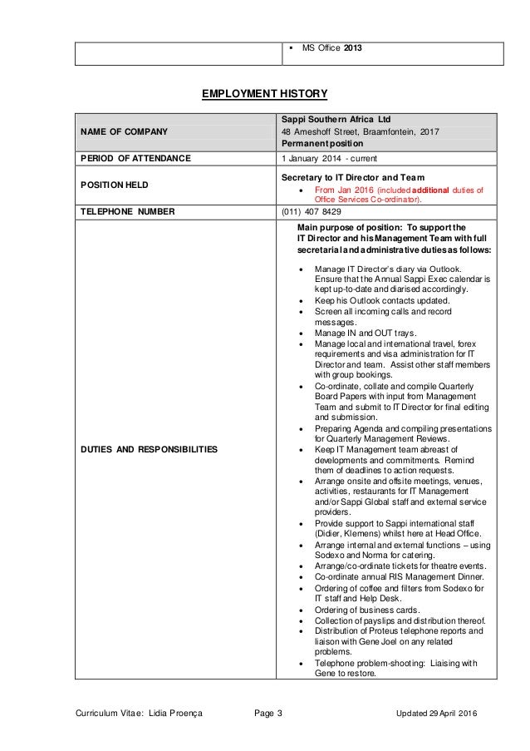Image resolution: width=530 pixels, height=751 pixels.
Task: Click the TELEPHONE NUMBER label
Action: pos(127,212)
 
